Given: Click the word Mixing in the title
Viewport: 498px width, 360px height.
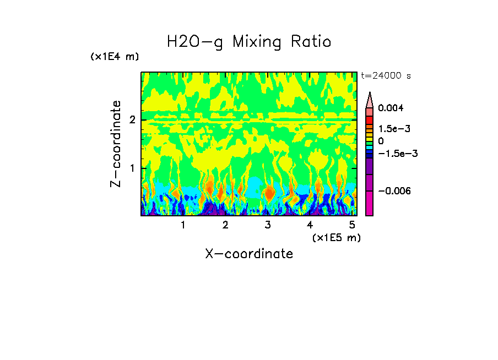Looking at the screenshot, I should point(257,42).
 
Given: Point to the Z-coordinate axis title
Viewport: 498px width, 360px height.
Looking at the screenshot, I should point(116,144).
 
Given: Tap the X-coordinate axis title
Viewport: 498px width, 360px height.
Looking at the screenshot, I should point(249,254).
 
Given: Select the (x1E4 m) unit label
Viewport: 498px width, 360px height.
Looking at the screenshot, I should point(115,57).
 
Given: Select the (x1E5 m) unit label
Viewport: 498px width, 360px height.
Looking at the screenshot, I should point(336,237).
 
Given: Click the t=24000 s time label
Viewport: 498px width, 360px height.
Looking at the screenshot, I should point(386,76).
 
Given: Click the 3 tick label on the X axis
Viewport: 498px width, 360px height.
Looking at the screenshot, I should point(268,225).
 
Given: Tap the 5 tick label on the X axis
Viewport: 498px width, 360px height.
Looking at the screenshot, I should point(353,225).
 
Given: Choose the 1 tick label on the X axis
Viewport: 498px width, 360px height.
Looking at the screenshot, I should point(183,225).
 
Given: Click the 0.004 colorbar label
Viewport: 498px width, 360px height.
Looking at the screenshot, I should point(391,108).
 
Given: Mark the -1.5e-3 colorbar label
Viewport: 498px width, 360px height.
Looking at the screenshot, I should point(396,154).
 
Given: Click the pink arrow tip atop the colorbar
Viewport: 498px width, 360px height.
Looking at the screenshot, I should point(370,99).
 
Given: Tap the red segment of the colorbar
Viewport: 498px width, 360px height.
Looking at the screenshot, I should point(370,119).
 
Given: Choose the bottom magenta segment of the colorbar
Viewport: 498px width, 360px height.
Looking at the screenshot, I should point(370,203).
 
